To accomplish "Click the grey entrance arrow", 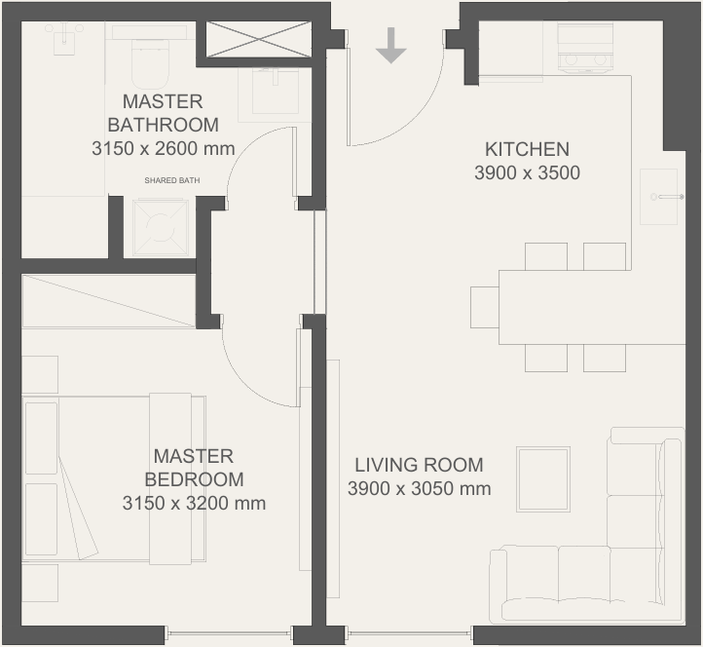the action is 391,45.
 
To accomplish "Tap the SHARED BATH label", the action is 172,180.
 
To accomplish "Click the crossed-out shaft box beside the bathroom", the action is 259,40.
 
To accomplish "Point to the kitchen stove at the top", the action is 585,48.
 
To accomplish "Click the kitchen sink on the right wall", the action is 659,197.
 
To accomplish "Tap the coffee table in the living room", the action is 543,478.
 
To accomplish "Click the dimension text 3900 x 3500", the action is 528,172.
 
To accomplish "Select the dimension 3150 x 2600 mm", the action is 164,148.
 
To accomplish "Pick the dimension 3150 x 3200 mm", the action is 194,503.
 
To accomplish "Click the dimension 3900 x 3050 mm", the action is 420,488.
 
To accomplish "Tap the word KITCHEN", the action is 528,149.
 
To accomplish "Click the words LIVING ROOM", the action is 420,465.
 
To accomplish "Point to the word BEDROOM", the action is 194,479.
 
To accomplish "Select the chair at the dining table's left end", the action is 485,307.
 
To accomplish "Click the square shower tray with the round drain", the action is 160,227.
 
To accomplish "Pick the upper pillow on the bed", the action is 41,438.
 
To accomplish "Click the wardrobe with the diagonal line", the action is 109,301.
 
